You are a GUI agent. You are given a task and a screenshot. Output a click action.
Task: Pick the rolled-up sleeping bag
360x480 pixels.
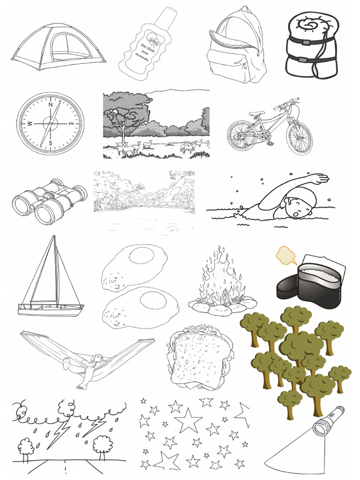[x=312, y=45]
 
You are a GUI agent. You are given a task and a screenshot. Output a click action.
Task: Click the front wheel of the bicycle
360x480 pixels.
[x=300, y=138]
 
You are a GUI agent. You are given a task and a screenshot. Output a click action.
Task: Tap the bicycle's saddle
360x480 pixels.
[x=256, y=114]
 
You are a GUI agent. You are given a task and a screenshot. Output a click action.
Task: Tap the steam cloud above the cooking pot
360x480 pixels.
[x=286, y=255]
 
